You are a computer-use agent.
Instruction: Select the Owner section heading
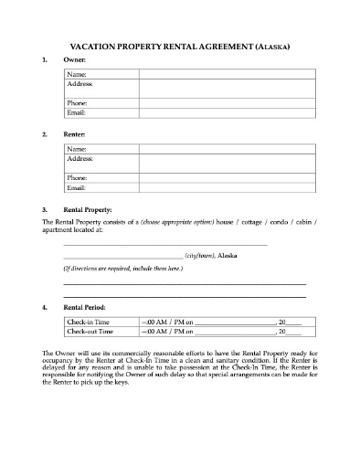[73, 59]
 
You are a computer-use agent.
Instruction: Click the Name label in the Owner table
[78, 74]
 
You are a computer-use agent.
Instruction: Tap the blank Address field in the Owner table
[222, 88]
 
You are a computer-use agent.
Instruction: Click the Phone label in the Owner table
[78, 102]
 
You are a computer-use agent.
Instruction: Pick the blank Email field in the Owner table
[222, 111]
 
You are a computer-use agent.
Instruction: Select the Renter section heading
[74, 134]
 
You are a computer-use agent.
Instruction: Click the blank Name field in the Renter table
[222, 149]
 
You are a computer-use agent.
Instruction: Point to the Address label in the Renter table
[80, 158]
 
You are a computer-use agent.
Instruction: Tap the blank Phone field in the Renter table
[222, 177]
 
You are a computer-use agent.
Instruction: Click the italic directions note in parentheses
[122, 270]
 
